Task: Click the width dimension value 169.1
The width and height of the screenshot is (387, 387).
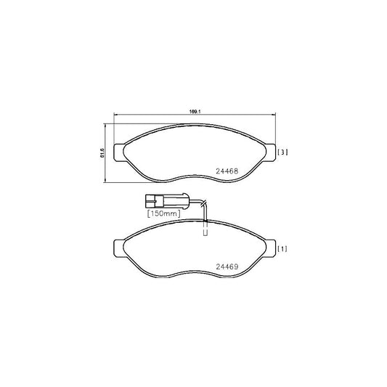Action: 194,112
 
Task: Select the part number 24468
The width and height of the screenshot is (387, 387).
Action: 227,172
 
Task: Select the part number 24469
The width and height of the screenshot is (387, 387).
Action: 227,266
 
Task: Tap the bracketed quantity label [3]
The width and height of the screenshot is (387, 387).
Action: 284,152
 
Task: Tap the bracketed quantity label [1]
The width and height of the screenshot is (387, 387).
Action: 284,249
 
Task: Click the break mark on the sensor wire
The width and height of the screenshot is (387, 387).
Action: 205,203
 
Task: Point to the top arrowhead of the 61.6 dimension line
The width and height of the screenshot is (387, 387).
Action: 107,125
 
